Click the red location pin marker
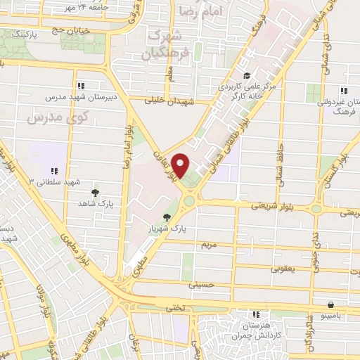(x=181, y=166)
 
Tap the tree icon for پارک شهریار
(x=167, y=217)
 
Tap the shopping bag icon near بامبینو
(x=330, y=304)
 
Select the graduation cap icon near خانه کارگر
(x=246, y=76)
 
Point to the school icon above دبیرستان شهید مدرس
(x=82, y=86)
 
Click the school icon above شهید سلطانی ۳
(x=54, y=170)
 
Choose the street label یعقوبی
(x=283, y=269)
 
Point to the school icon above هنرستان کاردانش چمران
(x=257, y=314)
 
